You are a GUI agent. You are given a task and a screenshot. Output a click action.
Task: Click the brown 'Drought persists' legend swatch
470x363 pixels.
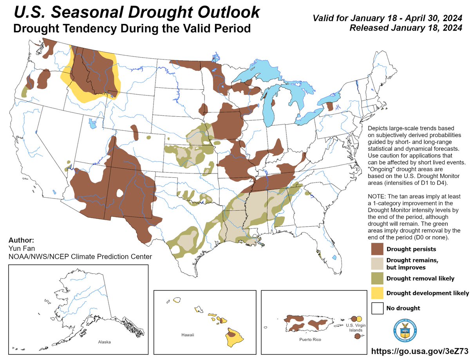pyautogui.click(x=377, y=249)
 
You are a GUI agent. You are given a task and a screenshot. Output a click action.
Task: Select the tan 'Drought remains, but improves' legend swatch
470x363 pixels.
pyautogui.click(x=377, y=264)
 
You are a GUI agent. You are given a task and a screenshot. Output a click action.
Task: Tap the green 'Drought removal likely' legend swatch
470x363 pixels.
pyautogui.click(x=377, y=278)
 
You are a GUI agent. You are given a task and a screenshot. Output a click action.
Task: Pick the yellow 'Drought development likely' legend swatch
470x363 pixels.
pyautogui.click(x=377, y=293)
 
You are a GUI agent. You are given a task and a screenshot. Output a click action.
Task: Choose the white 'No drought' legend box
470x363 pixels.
pyautogui.click(x=377, y=308)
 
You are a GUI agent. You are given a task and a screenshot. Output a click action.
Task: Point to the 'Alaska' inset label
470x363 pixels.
pyautogui.click(x=104, y=342)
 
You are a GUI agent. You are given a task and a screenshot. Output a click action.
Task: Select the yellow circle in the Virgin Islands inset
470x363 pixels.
pyautogui.click(x=360, y=319)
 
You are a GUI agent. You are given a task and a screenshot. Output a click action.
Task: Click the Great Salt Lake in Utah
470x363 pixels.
pyautogui.click(x=92, y=125)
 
